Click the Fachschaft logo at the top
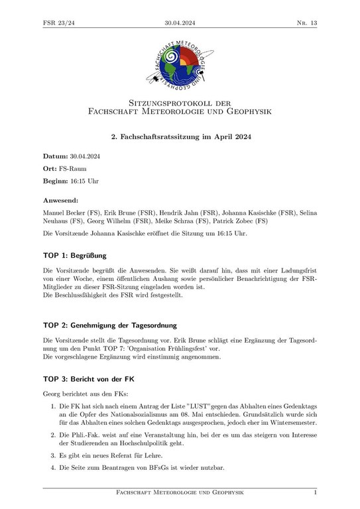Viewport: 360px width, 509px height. pos(180,64)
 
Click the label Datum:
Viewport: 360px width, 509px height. pos(56,156)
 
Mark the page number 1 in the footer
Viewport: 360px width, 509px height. pos(315,494)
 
